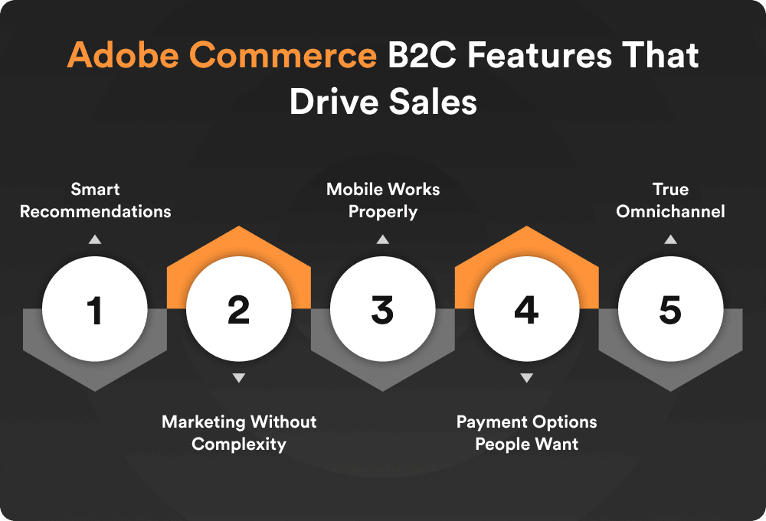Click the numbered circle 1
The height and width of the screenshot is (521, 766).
click(94, 310)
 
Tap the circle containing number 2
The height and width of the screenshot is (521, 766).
click(238, 310)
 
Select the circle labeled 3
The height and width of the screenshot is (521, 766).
click(382, 310)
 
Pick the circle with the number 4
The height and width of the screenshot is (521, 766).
click(526, 310)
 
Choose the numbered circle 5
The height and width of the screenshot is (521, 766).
click(670, 310)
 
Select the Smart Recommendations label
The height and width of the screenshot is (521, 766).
click(95, 200)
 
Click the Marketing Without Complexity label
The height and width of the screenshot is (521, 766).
click(239, 432)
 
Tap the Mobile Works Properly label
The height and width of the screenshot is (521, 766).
click(383, 200)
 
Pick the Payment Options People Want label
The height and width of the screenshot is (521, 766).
click(526, 432)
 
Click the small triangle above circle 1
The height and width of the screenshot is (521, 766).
click(94, 240)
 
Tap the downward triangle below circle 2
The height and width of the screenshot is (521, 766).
click(238, 378)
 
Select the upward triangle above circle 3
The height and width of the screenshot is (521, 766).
click(382, 240)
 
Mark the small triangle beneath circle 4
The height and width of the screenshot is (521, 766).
click(526, 378)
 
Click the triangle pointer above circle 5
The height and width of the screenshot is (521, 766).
click(670, 240)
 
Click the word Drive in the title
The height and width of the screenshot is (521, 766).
click(335, 101)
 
